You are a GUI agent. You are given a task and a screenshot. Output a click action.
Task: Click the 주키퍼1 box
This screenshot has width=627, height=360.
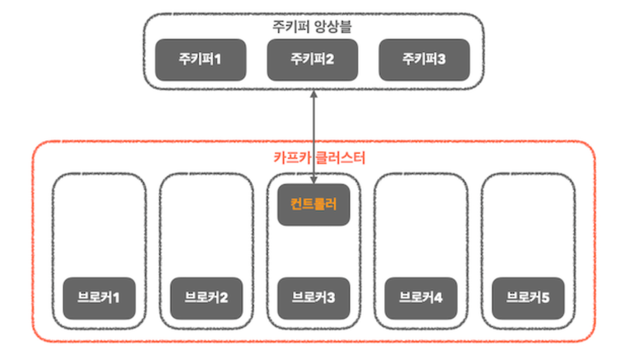pyautogui.click(x=200, y=60)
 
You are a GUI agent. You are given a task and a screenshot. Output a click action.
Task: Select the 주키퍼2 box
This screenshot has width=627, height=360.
pyautogui.click(x=312, y=60)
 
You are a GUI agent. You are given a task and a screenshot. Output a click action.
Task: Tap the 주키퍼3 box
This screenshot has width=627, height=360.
pyautogui.click(x=425, y=60)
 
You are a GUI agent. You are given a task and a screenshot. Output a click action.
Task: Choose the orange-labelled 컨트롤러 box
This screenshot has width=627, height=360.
pyautogui.click(x=313, y=205)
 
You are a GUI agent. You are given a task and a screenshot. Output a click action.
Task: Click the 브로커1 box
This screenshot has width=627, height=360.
pyautogui.click(x=99, y=298)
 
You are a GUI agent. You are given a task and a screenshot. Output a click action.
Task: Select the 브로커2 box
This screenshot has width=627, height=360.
pyautogui.click(x=206, y=298)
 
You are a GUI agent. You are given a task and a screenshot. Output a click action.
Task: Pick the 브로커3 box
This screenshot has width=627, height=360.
pyautogui.click(x=313, y=298)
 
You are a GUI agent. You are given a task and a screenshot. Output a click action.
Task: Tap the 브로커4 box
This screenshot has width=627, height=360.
pyautogui.click(x=421, y=298)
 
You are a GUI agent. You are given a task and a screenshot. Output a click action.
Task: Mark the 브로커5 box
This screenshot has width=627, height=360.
pyautogui.click(x=528, y=298)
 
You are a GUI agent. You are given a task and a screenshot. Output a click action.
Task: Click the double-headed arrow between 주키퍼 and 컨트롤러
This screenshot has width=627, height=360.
pyautogui.click(x=314, y=137)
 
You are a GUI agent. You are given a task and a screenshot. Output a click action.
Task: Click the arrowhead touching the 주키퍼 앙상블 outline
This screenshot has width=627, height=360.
pyautogui.click(x=314, y=94)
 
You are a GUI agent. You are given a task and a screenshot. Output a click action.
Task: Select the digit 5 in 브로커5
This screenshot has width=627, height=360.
pyautogui.click(x=545, y=298)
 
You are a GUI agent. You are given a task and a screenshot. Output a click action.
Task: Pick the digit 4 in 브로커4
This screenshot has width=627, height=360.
pyautogui.click(x=438, y=298)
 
